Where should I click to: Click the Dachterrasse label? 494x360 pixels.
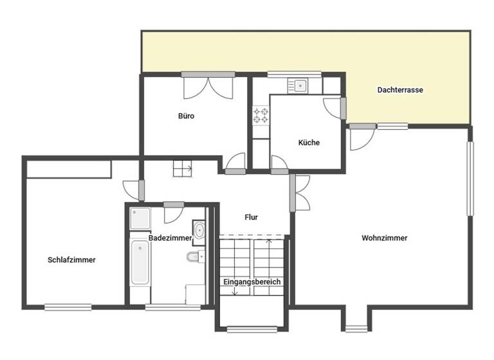click(399, 90)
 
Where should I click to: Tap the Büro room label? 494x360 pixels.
click(186, 116)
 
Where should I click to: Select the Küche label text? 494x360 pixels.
click(309, 143)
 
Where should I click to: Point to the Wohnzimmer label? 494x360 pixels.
click(384, 238)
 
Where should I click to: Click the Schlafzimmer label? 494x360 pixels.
click(71, 260)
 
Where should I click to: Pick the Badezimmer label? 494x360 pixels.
click(170, 238)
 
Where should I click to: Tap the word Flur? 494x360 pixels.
click(251, 217)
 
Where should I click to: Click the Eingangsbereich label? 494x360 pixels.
click(252, 282)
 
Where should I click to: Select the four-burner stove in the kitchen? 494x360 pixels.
click(261, 115)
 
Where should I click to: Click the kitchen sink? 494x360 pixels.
click(300, 85)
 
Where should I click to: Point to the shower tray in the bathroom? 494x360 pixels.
click(140, 219)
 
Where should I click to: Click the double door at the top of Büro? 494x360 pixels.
click(206, 87)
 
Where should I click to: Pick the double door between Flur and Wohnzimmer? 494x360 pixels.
click(300, 193)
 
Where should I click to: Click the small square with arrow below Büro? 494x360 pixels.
click(182, 168)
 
